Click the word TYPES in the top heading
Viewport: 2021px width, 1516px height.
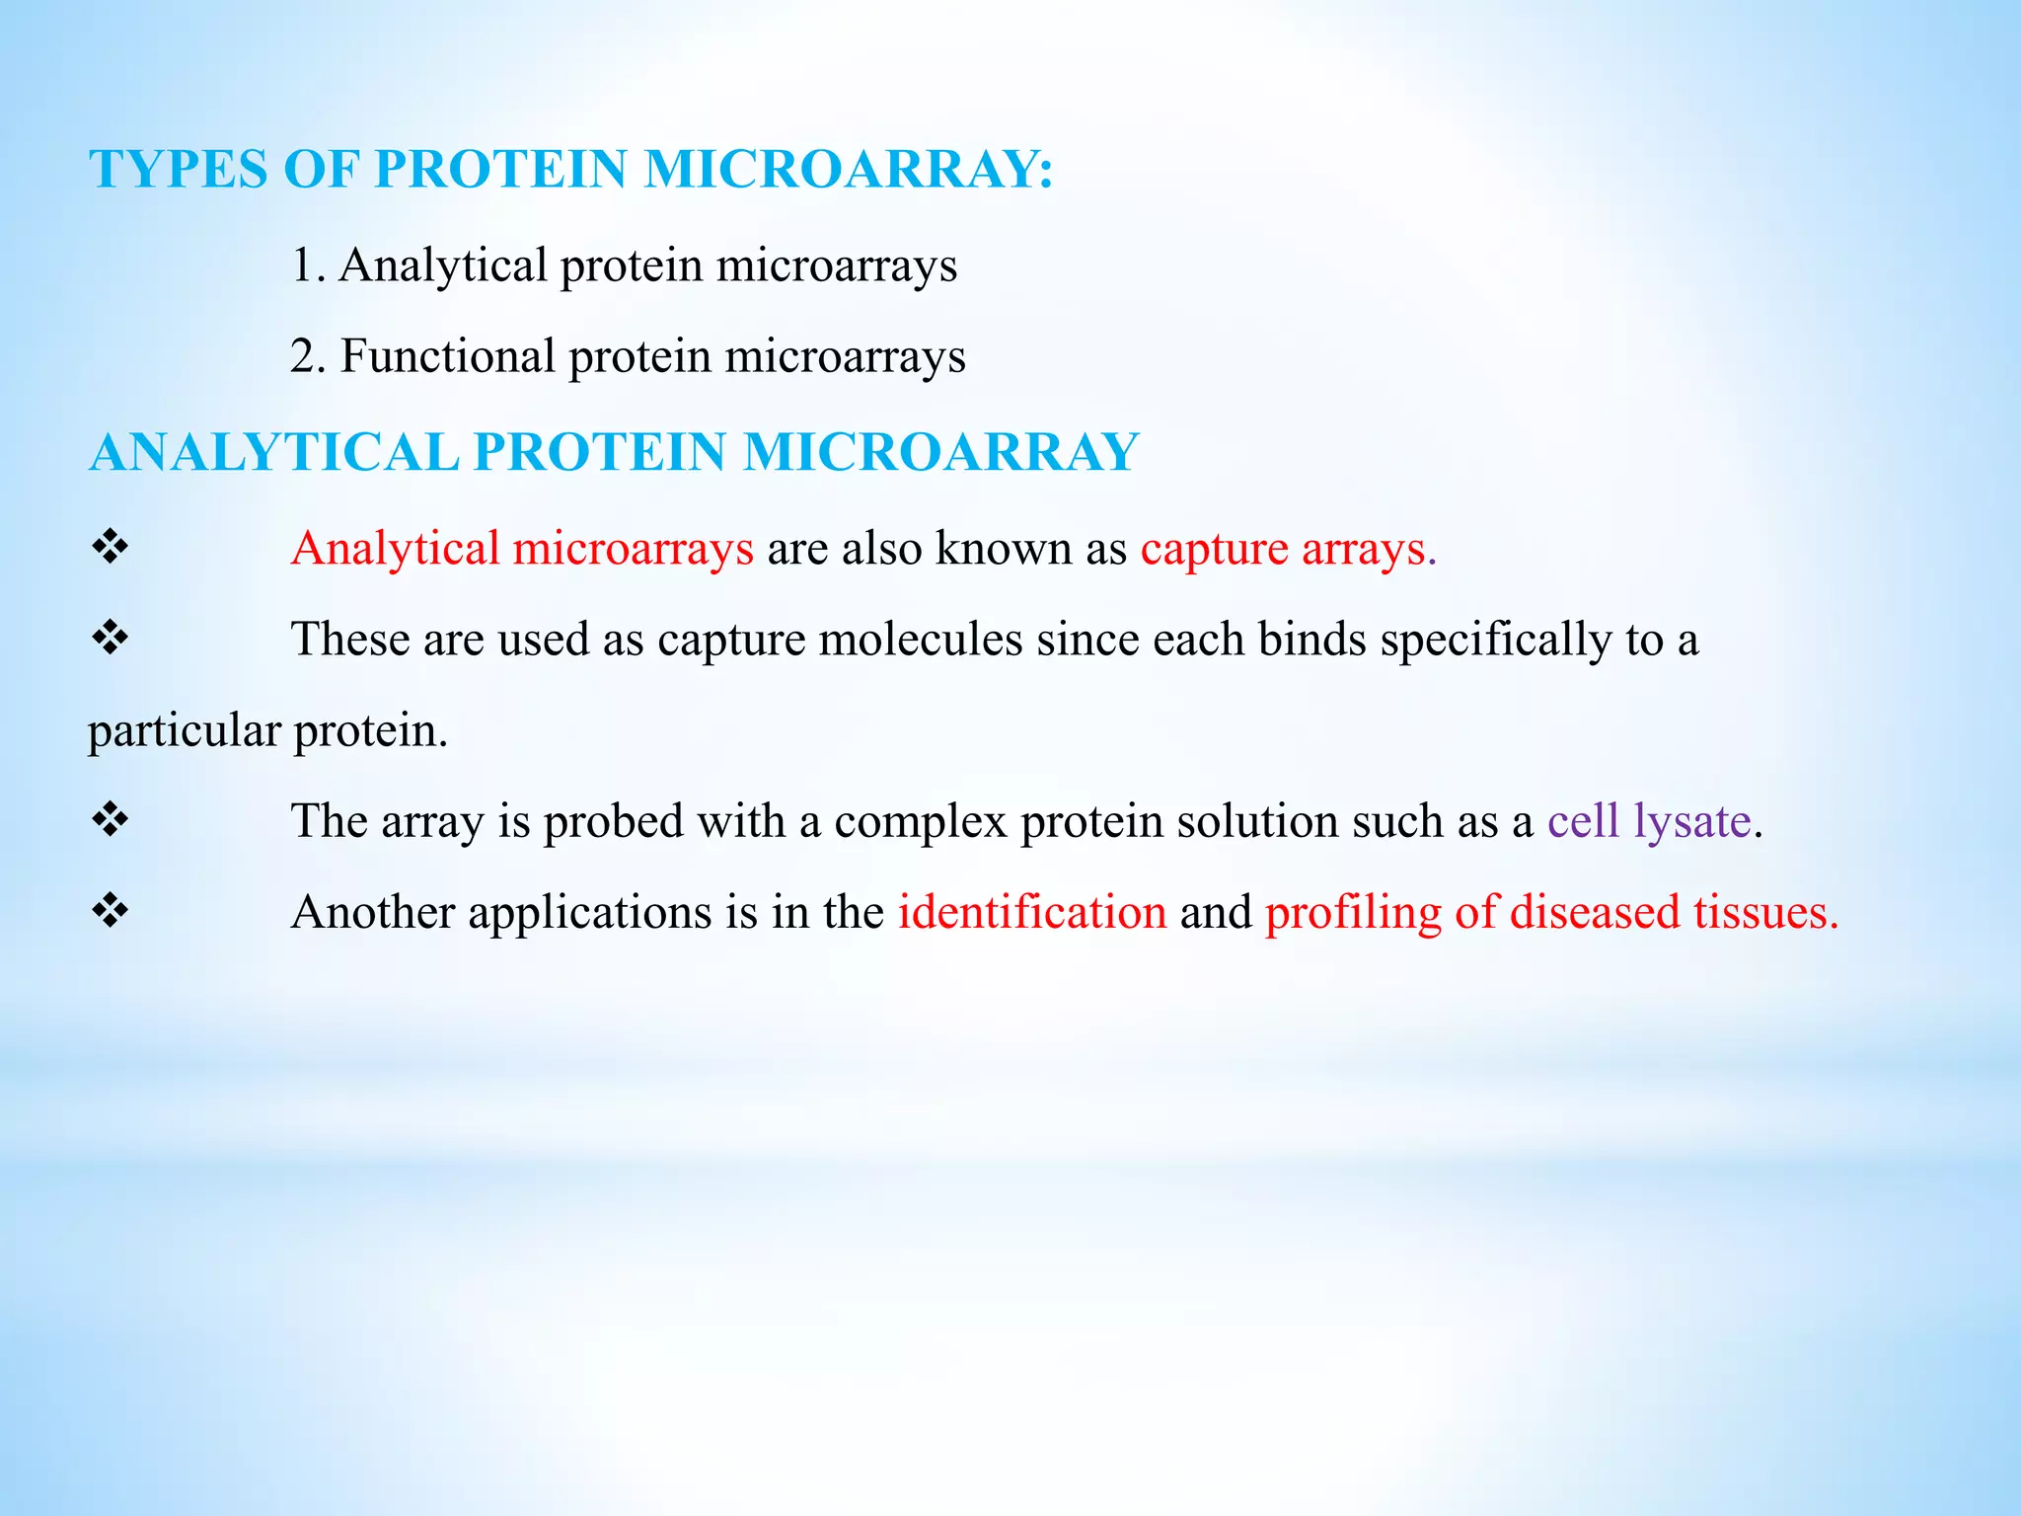click(178, 169)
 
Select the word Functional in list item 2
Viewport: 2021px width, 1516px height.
click(448, 356)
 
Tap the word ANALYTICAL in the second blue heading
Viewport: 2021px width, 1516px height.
click(274, 452)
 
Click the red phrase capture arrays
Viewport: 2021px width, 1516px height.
click(1283, 549)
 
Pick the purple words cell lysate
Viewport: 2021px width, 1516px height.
click(1649, 821)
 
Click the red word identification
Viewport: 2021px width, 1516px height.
click(1032, 912)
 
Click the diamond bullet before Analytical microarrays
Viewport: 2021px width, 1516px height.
click(110, 547)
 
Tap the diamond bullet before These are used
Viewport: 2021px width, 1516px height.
click(110, 638)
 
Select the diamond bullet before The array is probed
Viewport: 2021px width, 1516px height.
click(110, 819)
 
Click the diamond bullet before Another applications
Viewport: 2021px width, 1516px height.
click(110, 910)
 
